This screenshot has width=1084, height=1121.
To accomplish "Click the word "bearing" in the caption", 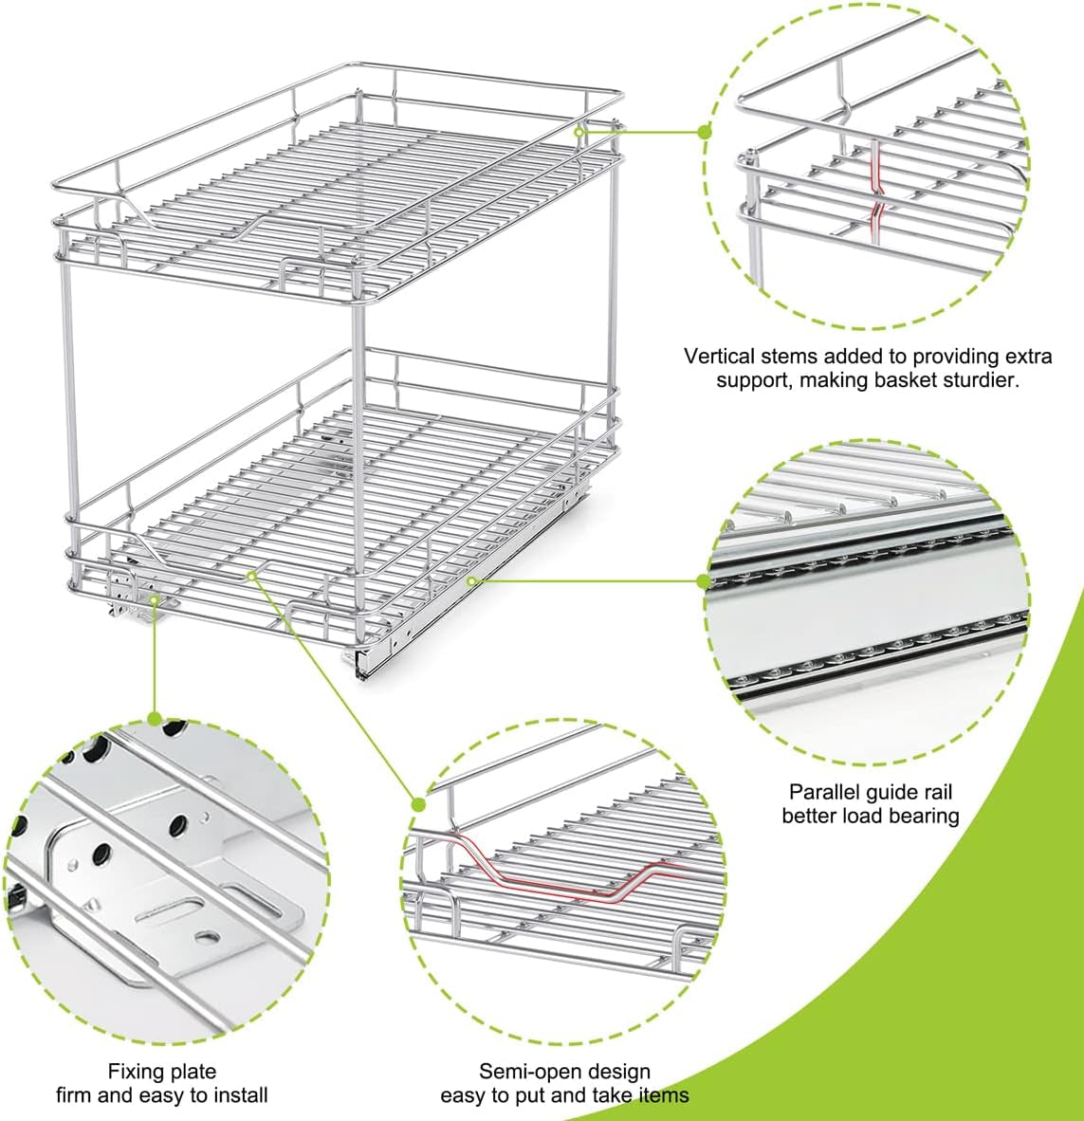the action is pyautogui.click(x=927, y=816).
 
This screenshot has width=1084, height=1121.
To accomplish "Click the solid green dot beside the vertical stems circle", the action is pyautogui.click(x=705, y=132).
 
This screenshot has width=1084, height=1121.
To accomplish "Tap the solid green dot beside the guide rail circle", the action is pyautogui.click(x=704, y=581).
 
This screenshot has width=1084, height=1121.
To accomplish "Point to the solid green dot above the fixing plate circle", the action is pyautogui.click(x=155, y=719).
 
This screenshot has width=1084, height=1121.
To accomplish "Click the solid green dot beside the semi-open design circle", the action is pyautogui.click(x=419, y=804).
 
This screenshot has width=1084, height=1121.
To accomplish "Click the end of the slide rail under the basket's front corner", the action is pyautogui.click(x=362, y=665).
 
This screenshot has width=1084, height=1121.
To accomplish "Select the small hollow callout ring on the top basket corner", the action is pyautogui.click(x=579, y=132).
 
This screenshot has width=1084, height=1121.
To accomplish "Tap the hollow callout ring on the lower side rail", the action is pyautogui.click(x=471, y=581).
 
